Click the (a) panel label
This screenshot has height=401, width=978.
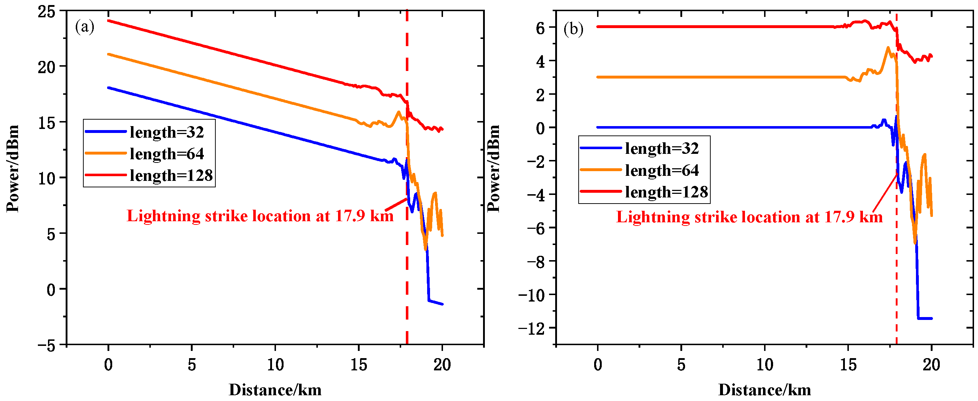84,27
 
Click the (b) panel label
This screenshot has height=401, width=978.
573,29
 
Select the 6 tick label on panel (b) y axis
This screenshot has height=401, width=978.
540,28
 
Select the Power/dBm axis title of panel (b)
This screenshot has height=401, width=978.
494,168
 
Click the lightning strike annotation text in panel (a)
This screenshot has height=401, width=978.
260,216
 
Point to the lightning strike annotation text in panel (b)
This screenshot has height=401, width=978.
749,217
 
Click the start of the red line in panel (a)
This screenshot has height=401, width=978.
109,21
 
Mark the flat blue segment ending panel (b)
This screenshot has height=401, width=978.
925,318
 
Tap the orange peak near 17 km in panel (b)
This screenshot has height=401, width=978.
888,48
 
